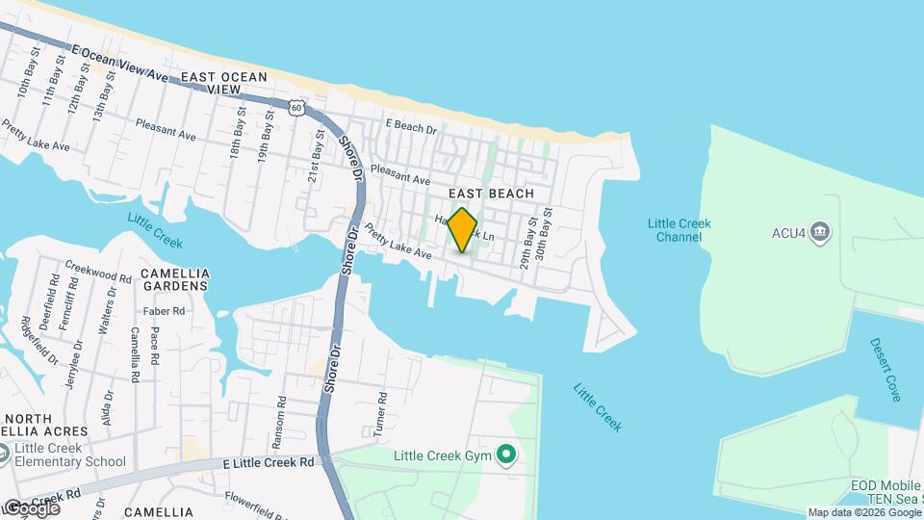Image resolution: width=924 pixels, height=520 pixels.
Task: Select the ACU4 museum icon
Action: [x=820, y=231]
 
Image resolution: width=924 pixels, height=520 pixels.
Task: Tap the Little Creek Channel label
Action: [x=679, y=230]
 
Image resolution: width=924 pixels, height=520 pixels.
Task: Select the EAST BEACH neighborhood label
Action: [x=498, y=194]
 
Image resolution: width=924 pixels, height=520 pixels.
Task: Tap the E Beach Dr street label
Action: [x=411, y=125]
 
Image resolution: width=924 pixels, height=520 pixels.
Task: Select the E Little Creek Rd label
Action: [x=268, y=462]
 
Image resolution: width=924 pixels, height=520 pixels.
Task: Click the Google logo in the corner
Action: [x=31, y=507]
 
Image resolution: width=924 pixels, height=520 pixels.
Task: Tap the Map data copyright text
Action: [x=862, y=513]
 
